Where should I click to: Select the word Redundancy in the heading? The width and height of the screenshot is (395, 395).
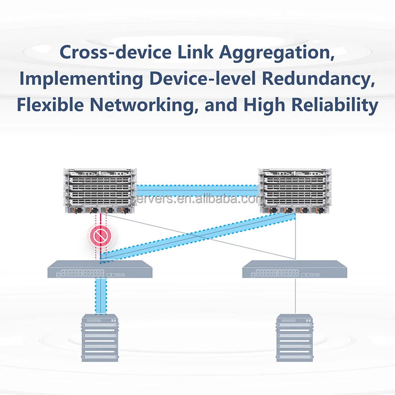point(326,79)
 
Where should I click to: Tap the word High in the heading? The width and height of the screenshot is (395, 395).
point(262,105)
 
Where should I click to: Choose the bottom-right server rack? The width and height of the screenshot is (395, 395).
point(294,338)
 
